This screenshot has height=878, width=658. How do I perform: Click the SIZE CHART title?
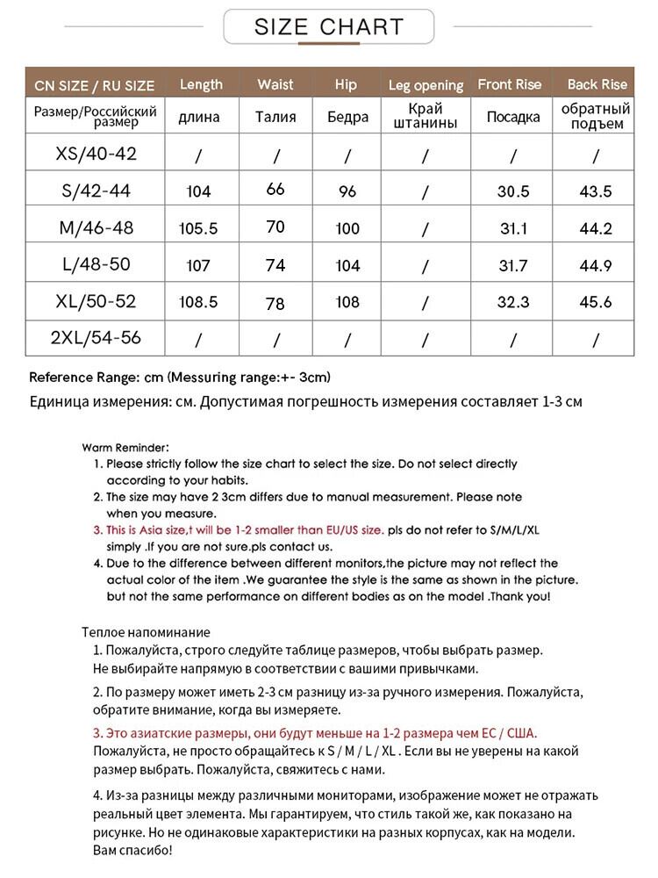329,26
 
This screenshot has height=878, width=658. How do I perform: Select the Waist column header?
275,85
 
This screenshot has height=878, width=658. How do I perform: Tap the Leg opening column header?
426,85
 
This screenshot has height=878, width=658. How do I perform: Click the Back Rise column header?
597,85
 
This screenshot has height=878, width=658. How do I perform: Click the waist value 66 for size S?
275,189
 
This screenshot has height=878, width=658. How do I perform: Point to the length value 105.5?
199,228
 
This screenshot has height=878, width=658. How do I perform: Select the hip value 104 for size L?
347,265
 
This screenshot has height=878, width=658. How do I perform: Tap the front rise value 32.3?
512,302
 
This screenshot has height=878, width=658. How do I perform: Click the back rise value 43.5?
597,191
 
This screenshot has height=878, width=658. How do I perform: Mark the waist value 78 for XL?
275,304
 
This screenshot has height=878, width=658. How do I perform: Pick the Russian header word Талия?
275,117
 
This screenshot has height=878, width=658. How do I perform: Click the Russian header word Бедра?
347,117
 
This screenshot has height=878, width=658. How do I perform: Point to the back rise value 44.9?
597,265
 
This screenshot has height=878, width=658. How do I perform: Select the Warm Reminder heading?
125,447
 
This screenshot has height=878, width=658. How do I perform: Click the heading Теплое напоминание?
146,632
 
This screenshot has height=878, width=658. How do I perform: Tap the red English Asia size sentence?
239,529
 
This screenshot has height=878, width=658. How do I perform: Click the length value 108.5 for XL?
199,302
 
